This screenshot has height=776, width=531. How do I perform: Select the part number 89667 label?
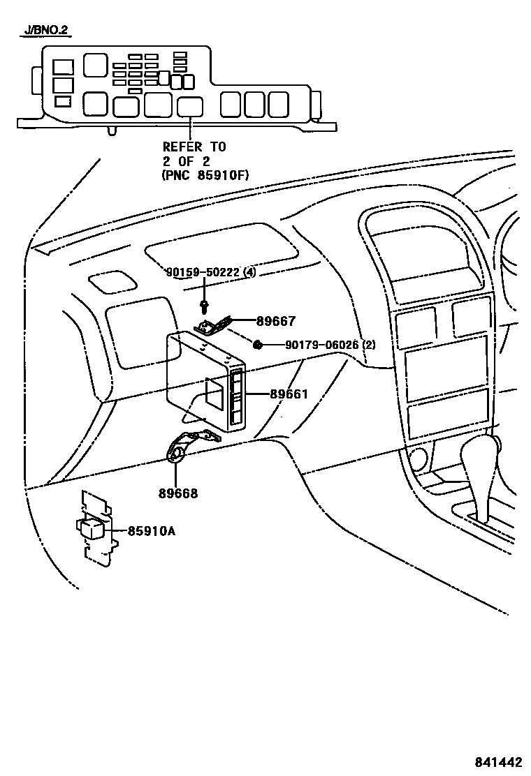(276, 321)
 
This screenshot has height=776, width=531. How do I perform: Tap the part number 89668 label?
(179, 493)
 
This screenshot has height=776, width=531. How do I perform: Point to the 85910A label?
(151, 531)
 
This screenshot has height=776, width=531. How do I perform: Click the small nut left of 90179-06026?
(258, 345)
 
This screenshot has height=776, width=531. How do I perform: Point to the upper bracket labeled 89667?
(213, 324)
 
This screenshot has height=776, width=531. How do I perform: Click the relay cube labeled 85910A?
(92, 528)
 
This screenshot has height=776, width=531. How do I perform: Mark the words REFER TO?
(194, 147)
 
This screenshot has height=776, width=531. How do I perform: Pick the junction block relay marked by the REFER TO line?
(189, 106)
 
